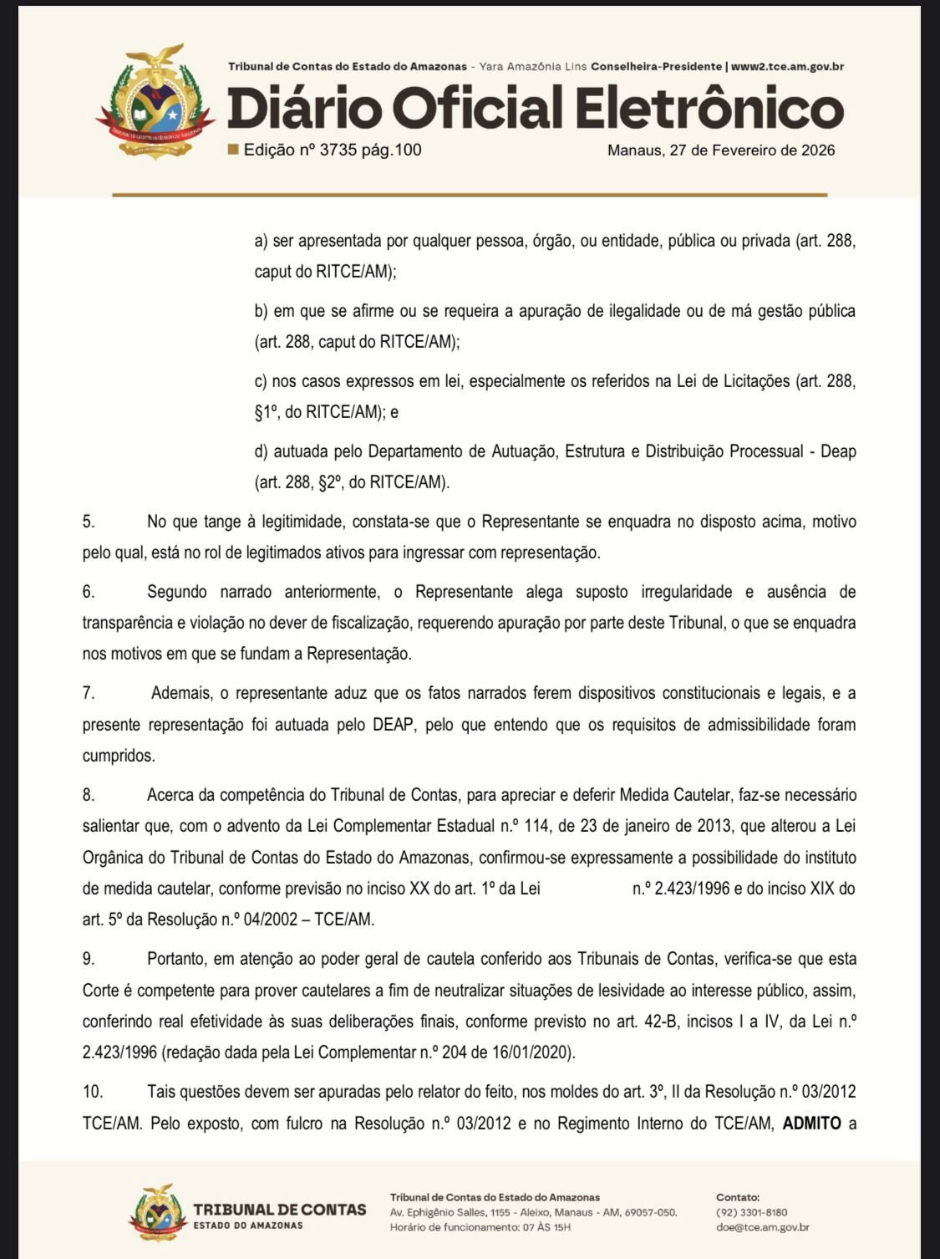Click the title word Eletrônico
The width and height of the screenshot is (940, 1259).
[709, 109]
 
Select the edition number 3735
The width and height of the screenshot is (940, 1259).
[338, 150]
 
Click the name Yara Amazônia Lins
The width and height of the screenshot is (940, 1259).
[532, 66]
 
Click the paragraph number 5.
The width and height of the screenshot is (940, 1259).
[89, 522]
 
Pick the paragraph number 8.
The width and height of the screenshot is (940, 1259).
[89, 795]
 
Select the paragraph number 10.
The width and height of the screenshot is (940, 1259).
[92, 1092]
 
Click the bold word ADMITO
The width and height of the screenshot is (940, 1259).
[811, 1123]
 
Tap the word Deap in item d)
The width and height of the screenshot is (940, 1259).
[838, 451]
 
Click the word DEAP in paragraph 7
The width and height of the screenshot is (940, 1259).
[393, 725]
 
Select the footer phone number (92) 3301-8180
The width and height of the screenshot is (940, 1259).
[751, 1212]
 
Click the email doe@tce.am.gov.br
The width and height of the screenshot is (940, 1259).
[762, 1227]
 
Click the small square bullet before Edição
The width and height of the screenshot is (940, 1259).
[233, 150]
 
